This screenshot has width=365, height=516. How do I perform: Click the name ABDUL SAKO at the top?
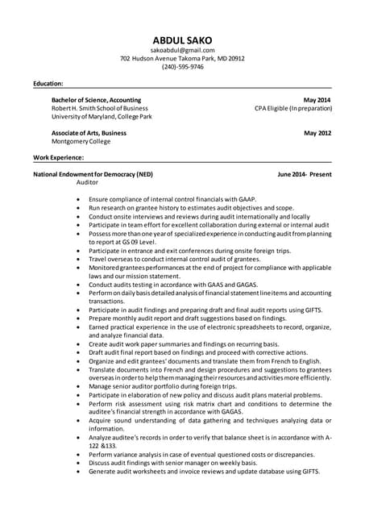click(x=182, y=40)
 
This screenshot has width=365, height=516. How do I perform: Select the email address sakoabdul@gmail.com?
click(x=182, y=50)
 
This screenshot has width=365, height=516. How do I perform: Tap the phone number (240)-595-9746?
click(x=182, y=67)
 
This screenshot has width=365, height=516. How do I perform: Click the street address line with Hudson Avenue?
click(x=182, y=58)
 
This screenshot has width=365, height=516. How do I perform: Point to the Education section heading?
click(x=48, y=83)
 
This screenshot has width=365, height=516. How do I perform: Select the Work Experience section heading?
click(x=58, y=157)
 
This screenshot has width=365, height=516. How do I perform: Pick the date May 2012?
click(x=317, y=132)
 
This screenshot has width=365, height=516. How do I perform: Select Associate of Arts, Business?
click(x=89, y=132)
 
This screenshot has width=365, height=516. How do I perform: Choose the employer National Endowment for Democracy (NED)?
click(x=93, y=174)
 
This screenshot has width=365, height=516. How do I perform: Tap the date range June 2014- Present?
click(x=304, y=174)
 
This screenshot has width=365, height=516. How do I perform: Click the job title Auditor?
click(x=87, y=182)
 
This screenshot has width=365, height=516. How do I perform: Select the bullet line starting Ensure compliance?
click(x=172, y=198)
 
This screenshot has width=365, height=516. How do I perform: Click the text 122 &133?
click(x=102, y=445)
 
